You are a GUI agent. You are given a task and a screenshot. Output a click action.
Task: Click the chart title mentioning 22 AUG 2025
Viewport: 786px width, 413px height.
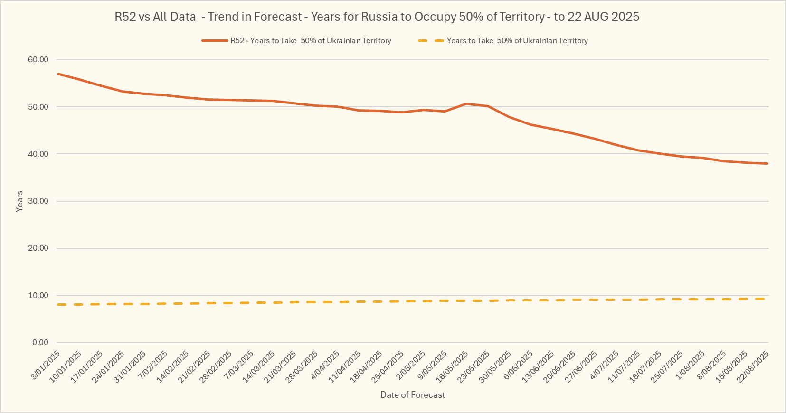[x=377, y=17]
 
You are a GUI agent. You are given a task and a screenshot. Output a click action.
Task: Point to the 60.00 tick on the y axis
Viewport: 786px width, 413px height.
[x=38, y=60]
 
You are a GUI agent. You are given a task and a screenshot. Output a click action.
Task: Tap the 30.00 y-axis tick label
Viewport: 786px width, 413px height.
[x=38, y=201]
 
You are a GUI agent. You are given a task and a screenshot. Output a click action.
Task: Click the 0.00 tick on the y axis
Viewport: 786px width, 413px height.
[x=40, y=342]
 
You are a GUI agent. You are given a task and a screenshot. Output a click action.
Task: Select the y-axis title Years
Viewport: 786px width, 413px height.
[x=19, y=201]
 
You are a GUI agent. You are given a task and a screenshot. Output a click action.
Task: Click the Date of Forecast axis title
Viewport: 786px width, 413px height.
[x=413, y=395]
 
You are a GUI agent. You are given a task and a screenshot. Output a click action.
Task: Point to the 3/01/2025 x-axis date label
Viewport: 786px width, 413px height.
[x=47, y=365]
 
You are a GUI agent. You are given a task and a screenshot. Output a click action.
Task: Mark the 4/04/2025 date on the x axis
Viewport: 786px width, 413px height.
[x=326, y=365]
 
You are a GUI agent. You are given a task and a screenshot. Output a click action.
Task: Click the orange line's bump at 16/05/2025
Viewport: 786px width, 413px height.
[x=466, y=103]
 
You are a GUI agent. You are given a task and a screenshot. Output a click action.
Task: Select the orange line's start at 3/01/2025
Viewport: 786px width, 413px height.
[x=58, y=74]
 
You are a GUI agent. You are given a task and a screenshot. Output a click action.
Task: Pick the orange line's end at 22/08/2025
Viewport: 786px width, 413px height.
[x=767, y=164]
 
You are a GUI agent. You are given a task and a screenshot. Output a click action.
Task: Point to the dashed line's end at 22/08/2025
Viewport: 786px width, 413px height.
[x=766, y=299]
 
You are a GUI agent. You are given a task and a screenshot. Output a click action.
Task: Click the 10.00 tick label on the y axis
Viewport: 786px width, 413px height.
[x=38, y=295]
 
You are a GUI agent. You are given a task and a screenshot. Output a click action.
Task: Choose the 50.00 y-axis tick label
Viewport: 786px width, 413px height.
[x=38, y=107]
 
